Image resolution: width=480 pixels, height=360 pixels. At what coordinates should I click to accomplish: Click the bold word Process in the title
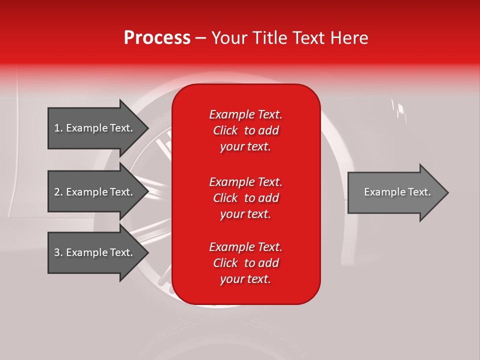click(x=157, y=38)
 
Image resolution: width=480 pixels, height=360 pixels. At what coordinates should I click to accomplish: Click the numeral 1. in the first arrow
click(x=58, y=128)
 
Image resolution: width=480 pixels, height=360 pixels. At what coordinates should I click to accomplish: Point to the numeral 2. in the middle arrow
click(x=58, y=192)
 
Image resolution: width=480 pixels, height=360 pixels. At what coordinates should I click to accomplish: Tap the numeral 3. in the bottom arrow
click(x=58, y=252)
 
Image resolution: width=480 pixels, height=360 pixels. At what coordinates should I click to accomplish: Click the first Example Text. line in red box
click(x=245, y=114)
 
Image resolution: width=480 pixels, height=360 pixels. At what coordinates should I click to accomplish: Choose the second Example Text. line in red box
click(x=245, y=182)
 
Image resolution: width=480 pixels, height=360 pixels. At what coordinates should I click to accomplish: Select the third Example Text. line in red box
click(x=245, y=247)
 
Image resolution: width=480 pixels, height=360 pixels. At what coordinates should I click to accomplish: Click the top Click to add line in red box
click(x=245, y=130)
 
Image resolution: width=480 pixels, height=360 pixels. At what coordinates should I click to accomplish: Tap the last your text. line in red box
click(x=245, y=279)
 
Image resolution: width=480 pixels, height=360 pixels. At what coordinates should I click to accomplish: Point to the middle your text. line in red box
click(x=245, y=214)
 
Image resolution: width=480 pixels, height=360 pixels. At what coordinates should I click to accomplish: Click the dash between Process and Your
click(x=200, y=38)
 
